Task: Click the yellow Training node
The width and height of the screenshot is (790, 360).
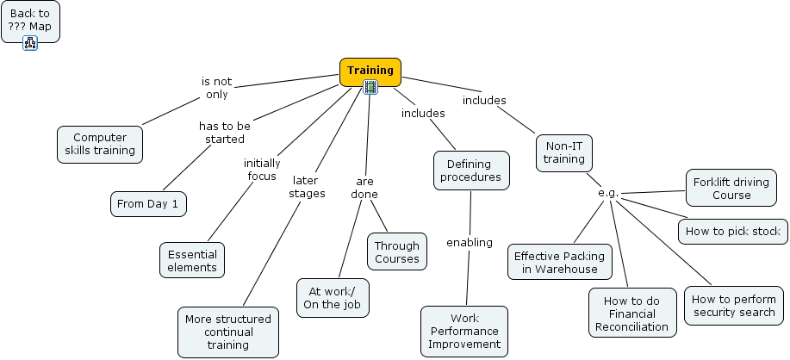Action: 370,71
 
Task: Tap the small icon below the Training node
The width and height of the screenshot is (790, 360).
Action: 370,87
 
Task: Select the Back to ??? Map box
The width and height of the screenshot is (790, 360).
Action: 30,20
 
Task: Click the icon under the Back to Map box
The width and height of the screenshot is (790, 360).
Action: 30,43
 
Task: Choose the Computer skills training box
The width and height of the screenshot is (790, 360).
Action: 100,144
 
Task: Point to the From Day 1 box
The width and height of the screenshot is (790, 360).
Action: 148,203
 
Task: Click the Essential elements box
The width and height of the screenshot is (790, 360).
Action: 192,260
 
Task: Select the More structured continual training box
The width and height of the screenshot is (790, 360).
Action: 228,332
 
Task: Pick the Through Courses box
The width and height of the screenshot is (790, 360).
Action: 397,252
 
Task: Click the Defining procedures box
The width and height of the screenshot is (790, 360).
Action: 470,171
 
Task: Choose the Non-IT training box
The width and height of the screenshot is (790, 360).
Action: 564,152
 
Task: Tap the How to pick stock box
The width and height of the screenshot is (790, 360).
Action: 732,231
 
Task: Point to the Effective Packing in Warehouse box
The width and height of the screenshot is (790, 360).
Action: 559,262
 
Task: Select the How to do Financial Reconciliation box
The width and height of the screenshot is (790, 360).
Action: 631,313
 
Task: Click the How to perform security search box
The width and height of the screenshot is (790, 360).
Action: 735,306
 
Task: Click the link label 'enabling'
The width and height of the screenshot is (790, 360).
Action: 470,242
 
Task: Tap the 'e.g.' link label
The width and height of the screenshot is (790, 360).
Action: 608,192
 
